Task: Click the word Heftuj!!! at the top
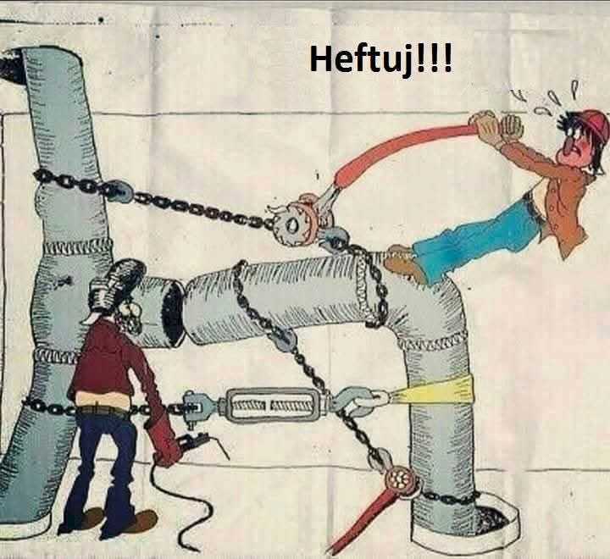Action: [x=381, y=60]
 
